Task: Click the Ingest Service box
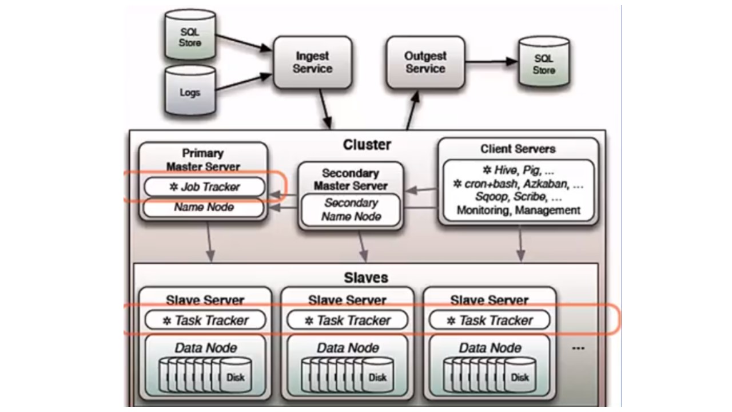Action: pos(312,63)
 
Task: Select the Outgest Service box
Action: pos(425,63)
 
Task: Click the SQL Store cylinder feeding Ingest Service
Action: pos(190,37)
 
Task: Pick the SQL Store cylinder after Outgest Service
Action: pos(543,64)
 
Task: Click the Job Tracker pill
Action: pos(205,187)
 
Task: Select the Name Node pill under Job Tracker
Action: pos(204,207)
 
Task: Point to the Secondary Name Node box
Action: pos(351,210)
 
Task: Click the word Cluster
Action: pos(367,145)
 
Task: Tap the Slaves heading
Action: pos(366,278)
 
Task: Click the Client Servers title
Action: pos(518,149)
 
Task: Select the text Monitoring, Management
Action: pos(518,210)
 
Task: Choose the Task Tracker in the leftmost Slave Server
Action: pos(205,320)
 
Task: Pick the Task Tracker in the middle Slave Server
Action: pos(348,320)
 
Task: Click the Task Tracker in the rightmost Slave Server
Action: pos(490,320)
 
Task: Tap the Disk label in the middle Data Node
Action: pos(377,377)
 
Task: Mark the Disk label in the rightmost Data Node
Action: pos(520,377)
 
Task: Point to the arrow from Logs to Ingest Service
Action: pos(243,81)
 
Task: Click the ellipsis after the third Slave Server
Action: pos(578,348)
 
